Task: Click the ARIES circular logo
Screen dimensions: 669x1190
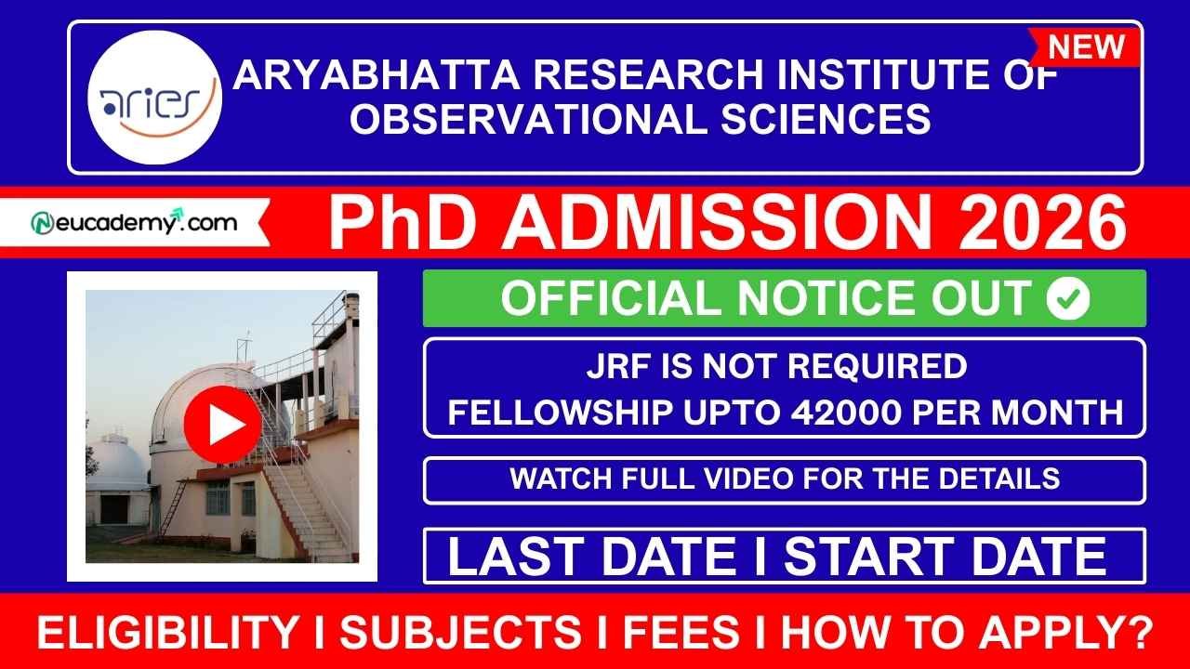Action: click(154, 98)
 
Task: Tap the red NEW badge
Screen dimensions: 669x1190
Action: click(1085, 46)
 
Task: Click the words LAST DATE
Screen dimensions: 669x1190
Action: click(591, 557)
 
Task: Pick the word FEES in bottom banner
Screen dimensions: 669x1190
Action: click(680, 634)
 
